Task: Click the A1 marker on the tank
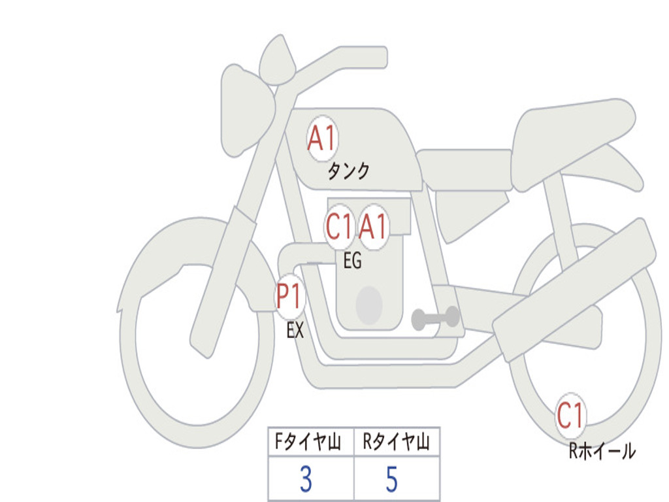(x=323, y=139)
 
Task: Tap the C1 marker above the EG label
(x=340, y=226)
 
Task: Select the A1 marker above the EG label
(x=373, y=226)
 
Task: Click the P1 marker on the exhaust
(x=290, y=297)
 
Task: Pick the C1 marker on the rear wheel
(x=570, y=415)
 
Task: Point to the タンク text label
(x=349, y=172)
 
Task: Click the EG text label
(x=352, y=260)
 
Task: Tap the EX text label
(x=295, y=330)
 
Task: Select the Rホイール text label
(x=602, y=451)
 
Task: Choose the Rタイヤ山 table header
(x=396, y=441)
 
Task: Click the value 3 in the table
(x=306, y=479)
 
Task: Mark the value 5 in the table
(x=392, y=479)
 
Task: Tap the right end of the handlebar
(x=382, y=58)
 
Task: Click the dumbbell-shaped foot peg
(x=435, y=318)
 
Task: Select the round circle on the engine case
(x=369, y=306)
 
